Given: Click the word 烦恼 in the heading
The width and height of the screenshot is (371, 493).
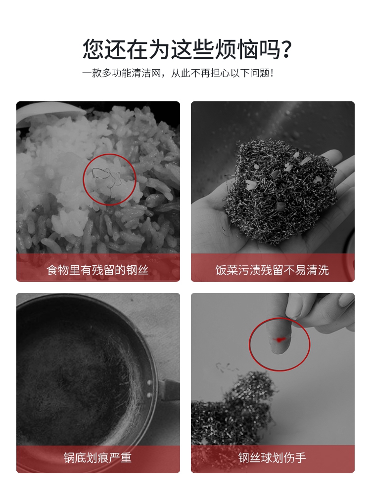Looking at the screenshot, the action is tap(236, 49).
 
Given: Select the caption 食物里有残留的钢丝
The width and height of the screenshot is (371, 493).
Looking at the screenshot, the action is tap(97, 270).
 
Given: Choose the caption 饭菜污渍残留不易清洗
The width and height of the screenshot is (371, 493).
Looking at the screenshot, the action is tap(272, 270).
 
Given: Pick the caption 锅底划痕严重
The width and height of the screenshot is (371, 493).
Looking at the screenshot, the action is tap(97, 457).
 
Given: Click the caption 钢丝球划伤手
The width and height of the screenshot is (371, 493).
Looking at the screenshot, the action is tap(272, 457).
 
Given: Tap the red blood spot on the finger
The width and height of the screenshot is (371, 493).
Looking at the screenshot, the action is tap(280, 339).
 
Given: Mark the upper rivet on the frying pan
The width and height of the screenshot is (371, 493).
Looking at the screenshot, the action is tap(149, 383).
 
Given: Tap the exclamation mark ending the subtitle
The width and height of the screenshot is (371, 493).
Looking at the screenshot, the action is tap(272, 73).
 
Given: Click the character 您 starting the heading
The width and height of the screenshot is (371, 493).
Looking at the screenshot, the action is tap(93, 49).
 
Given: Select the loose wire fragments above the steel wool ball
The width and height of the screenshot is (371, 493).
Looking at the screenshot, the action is tap(226, 367).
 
